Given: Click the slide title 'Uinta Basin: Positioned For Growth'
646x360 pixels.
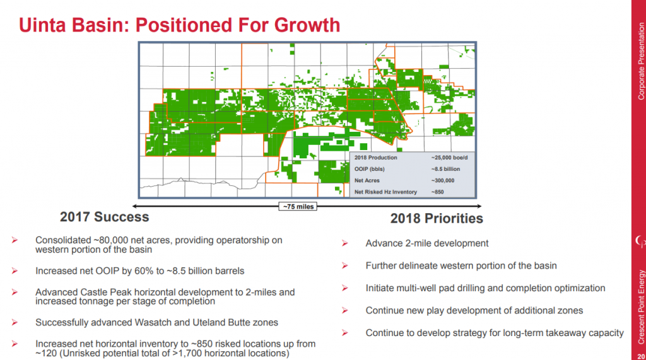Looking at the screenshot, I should point(180,25).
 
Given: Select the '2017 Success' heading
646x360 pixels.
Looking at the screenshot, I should point(104,217).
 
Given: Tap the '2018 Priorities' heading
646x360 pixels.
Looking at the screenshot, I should point(437,218).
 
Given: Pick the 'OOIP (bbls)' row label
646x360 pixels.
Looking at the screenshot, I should point(369,169).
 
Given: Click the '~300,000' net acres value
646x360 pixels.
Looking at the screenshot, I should point(445,180).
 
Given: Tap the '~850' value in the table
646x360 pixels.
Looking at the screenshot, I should point(439,192).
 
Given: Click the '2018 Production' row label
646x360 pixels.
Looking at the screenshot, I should point(375,158).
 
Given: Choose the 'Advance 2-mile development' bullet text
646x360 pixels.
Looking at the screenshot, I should point(426,243).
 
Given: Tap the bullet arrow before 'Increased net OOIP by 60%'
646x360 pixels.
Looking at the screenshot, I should point(15,271).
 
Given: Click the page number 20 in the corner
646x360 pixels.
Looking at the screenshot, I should point(640,354).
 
